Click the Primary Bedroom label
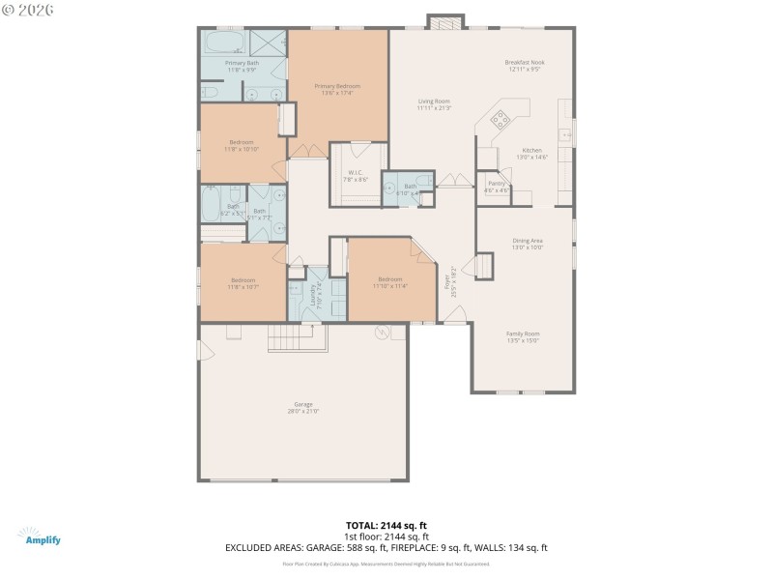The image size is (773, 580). (x=337, y=86)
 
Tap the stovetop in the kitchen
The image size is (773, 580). (x=502, y=120)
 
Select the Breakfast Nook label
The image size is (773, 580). (x=525, y=62)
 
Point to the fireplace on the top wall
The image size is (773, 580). (x=445, y=22)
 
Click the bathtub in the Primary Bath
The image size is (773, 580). (x=222, y=44)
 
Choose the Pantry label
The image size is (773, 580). (x=497, y=183)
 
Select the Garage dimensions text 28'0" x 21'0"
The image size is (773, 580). (x=303, y=411)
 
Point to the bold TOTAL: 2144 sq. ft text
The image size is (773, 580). (x=386, y=525)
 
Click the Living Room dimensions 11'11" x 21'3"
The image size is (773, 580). (x=434, y=108)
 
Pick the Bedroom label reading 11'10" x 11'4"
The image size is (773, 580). (x=390, y=286)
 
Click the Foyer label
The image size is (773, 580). (x=447, y=281)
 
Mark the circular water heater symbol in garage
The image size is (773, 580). (x=383, y=333)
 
